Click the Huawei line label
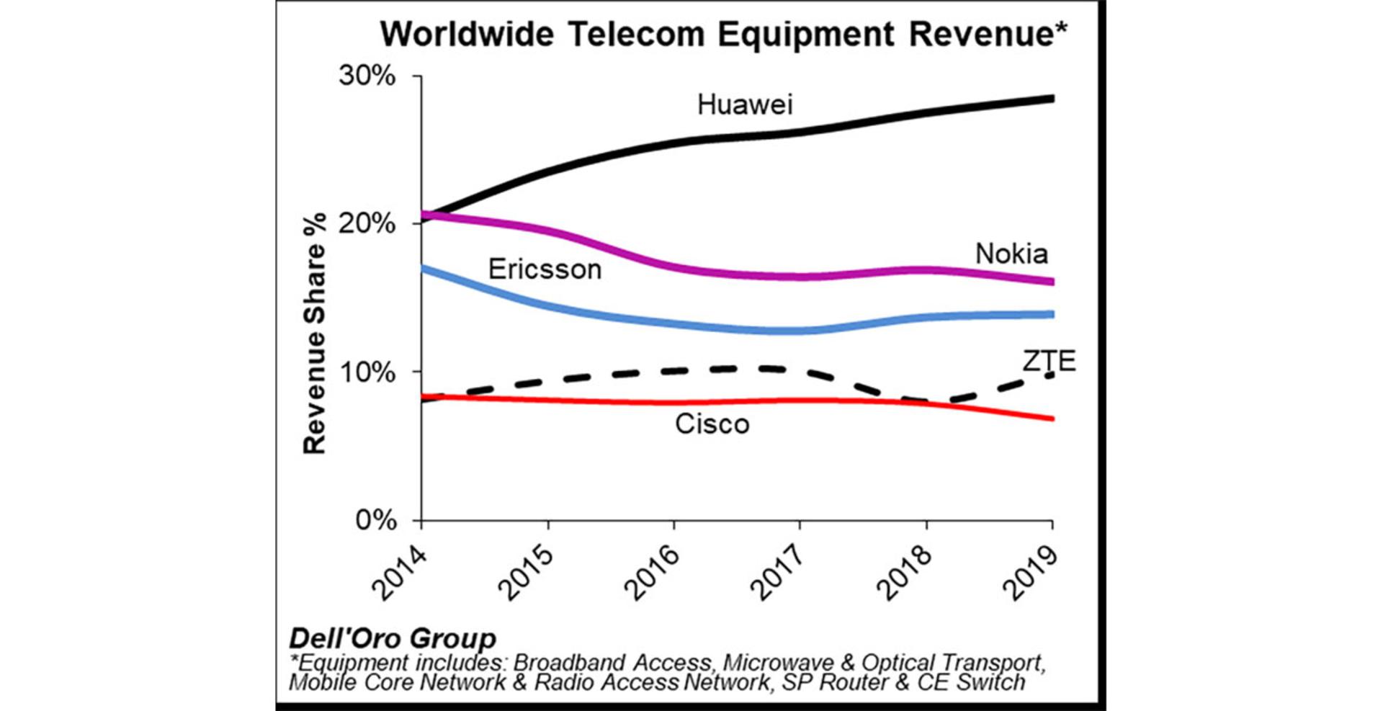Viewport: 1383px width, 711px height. coord(745,105)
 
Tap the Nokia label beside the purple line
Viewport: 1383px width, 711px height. coord(1011,254)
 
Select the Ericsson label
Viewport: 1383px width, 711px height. coord(545,269)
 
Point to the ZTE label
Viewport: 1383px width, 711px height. coord(1049,360)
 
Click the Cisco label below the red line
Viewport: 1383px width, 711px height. coord(712,424)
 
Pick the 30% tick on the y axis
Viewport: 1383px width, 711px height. coord(367,76)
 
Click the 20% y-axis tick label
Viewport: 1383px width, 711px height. coord(367,223)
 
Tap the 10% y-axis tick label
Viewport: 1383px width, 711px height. coord(367,372)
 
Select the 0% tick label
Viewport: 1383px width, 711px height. coord(375,520)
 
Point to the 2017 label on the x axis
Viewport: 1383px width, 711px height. coord(778,572)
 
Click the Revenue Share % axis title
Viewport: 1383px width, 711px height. coord(315,334)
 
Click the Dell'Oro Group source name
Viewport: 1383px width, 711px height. coord(393,638)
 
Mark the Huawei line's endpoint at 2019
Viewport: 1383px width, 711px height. coord(1052,99)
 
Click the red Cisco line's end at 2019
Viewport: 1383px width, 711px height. coord(1052,419)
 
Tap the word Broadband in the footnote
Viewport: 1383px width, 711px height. coord(568,663)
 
